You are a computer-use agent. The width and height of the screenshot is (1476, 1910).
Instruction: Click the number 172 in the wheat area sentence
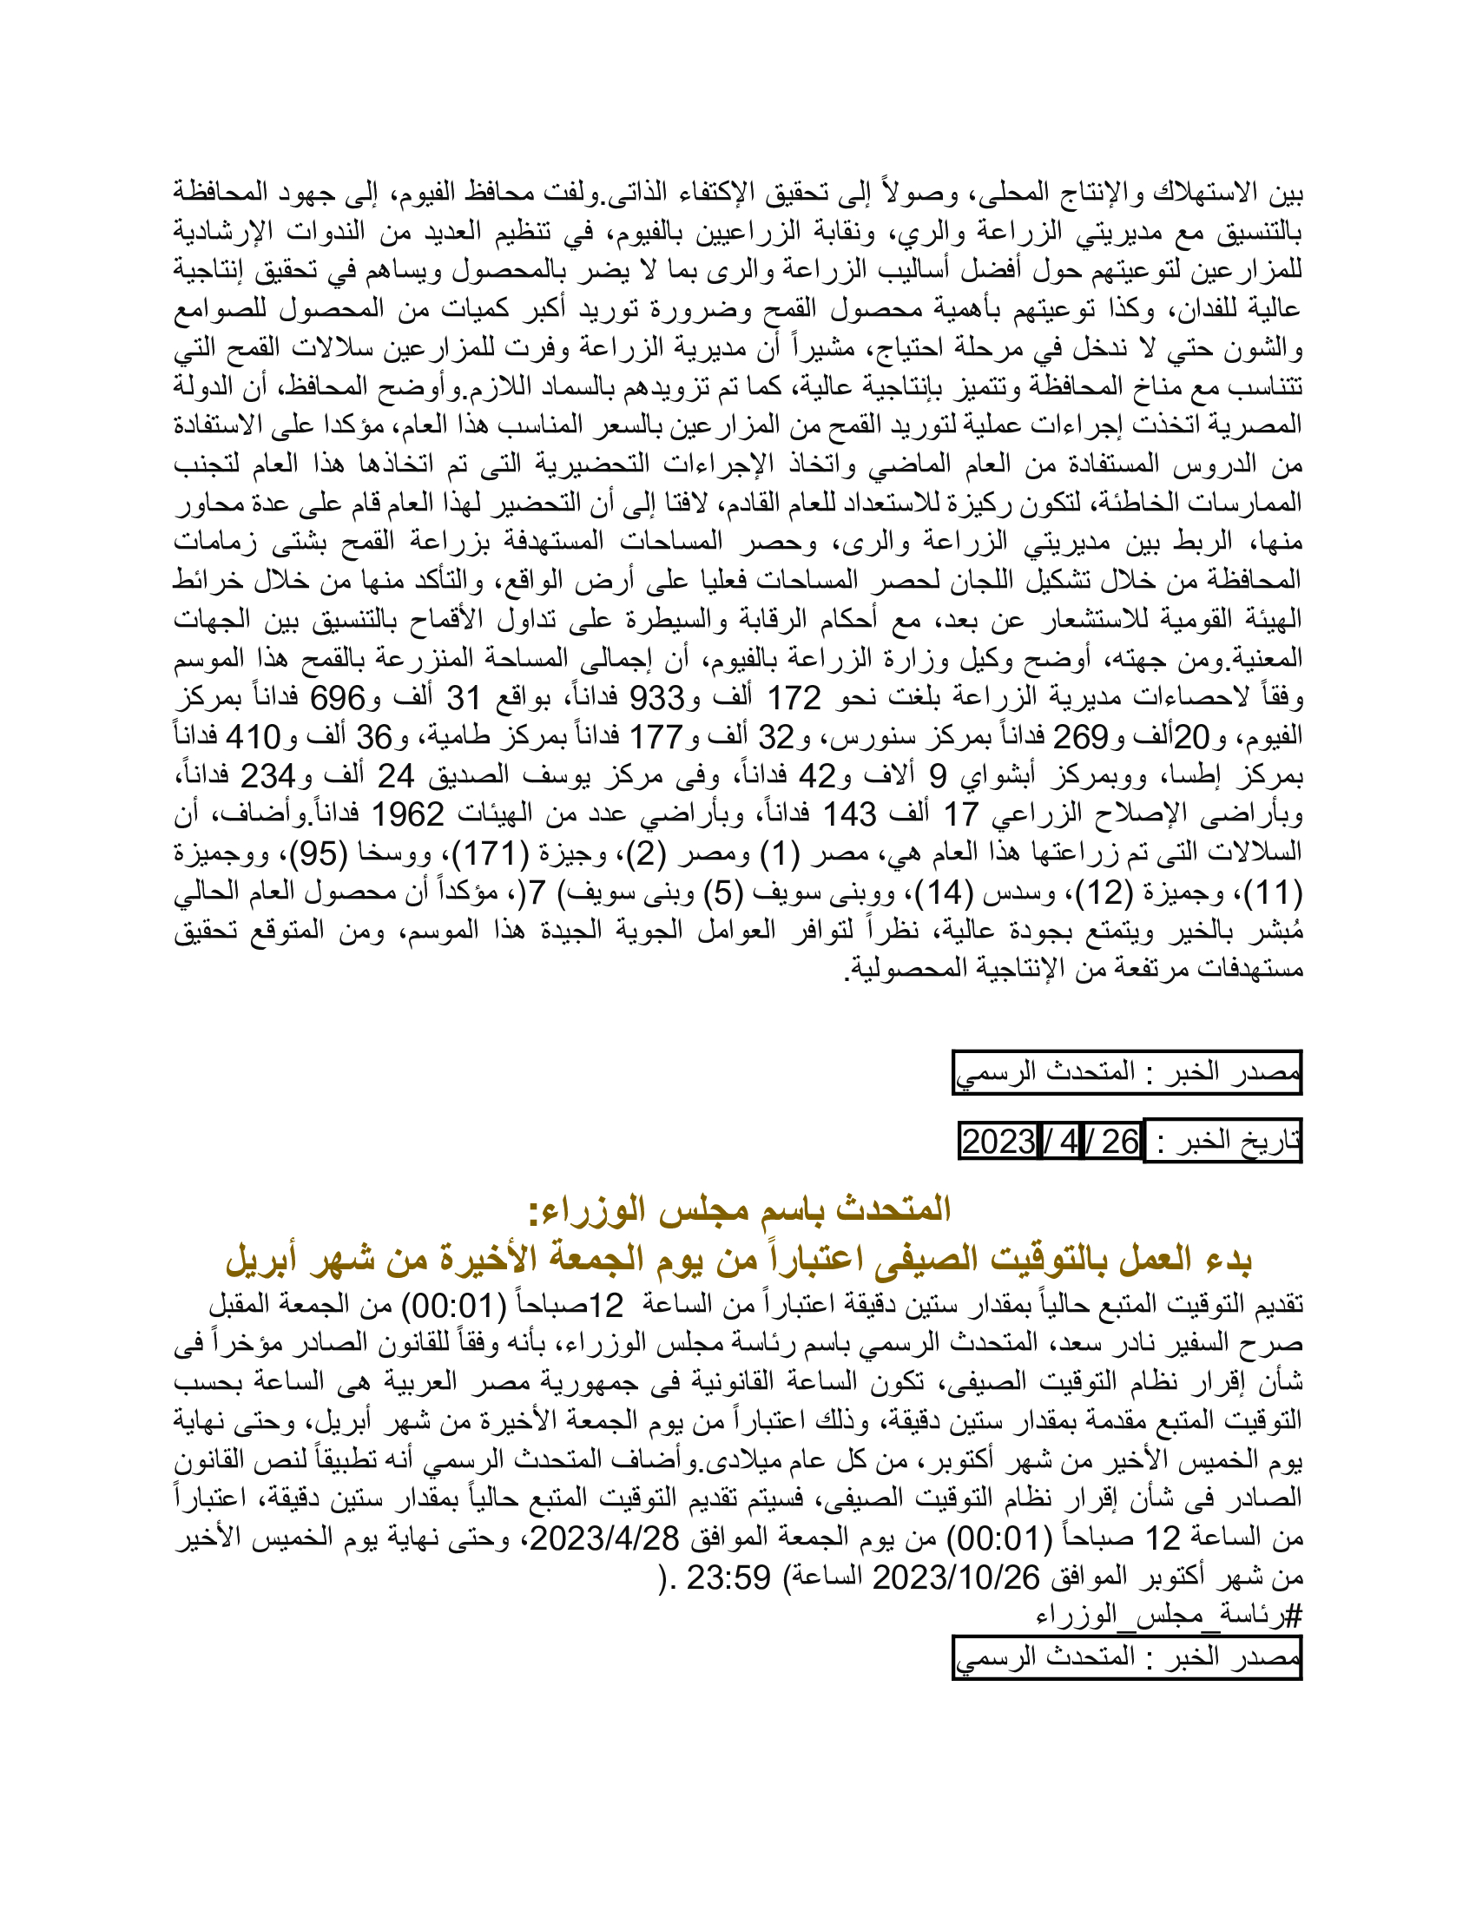[x=794, y=698]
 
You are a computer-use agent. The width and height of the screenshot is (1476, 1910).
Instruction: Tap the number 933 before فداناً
[x=656, y=698]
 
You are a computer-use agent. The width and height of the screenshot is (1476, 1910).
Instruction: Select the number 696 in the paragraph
[x=338, y=698]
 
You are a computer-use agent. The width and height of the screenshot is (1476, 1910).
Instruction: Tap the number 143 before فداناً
[x=849, y=814]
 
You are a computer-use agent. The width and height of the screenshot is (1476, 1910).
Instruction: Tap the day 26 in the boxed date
[x=1119, y=1142]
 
